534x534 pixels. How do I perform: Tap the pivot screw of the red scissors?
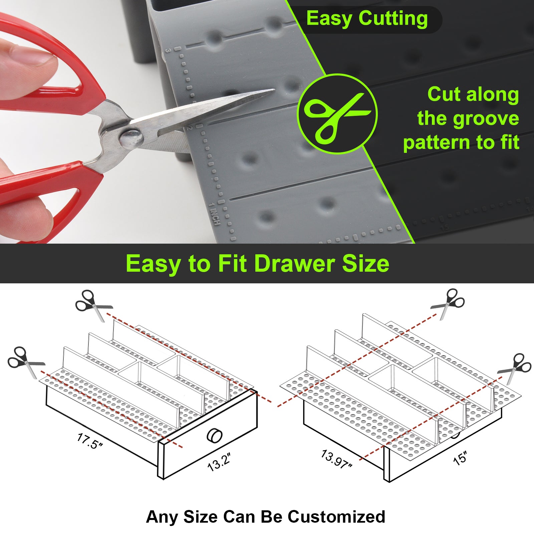pos(131,138)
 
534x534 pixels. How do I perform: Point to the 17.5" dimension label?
pos(90,441)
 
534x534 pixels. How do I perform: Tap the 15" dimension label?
pos(460,458)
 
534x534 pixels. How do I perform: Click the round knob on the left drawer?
pos(214,436)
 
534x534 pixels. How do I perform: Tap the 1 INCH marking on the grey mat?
pos(215,214)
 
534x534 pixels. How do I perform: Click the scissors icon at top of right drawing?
pos(448,304)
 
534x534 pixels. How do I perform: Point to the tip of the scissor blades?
pos(274,89)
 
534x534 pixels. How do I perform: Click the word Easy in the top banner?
pos(329,19)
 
